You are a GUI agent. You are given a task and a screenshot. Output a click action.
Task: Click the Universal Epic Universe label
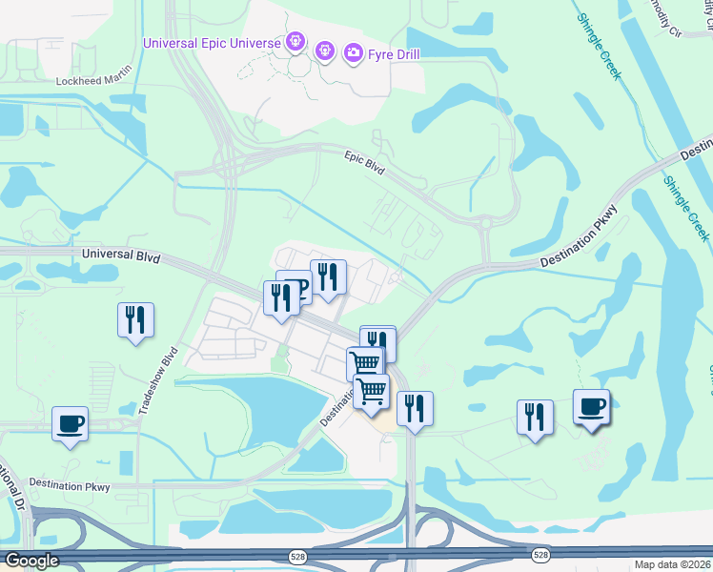[x=212, y=43]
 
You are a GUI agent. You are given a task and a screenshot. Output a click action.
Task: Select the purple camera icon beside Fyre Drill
[x=354, y=52]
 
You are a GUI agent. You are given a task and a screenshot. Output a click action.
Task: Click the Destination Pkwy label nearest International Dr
[x=70, y=486]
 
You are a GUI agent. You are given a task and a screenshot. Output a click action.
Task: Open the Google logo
[x=31, y=561]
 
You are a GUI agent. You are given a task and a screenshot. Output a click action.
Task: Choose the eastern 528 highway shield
[x=541, y=554]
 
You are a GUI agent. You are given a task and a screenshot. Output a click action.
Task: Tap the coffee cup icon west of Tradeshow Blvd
[x=71, y=423]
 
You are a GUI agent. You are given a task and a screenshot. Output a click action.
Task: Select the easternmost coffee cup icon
[x=591, y=406]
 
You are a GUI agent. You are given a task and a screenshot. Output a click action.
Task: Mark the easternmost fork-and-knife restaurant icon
[x=536, y=417]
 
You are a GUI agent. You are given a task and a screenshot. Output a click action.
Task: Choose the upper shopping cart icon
[x=364, y=363]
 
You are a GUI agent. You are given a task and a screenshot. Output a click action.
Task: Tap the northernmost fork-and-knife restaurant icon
[x=328, y=277]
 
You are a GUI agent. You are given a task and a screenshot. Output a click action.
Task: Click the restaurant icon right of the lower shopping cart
[x=415, y=408]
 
